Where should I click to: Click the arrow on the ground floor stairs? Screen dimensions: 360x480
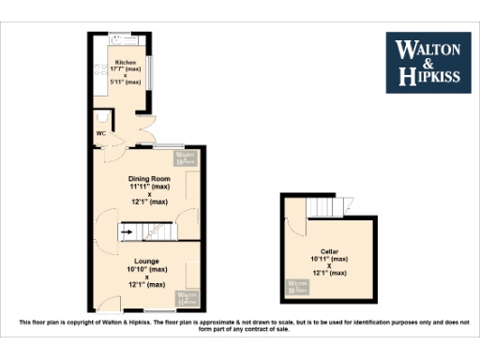[x=125, y=230]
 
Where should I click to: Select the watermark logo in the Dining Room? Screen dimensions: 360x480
[x=186, y=157]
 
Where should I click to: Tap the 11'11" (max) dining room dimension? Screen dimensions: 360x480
[x=149, y=187]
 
